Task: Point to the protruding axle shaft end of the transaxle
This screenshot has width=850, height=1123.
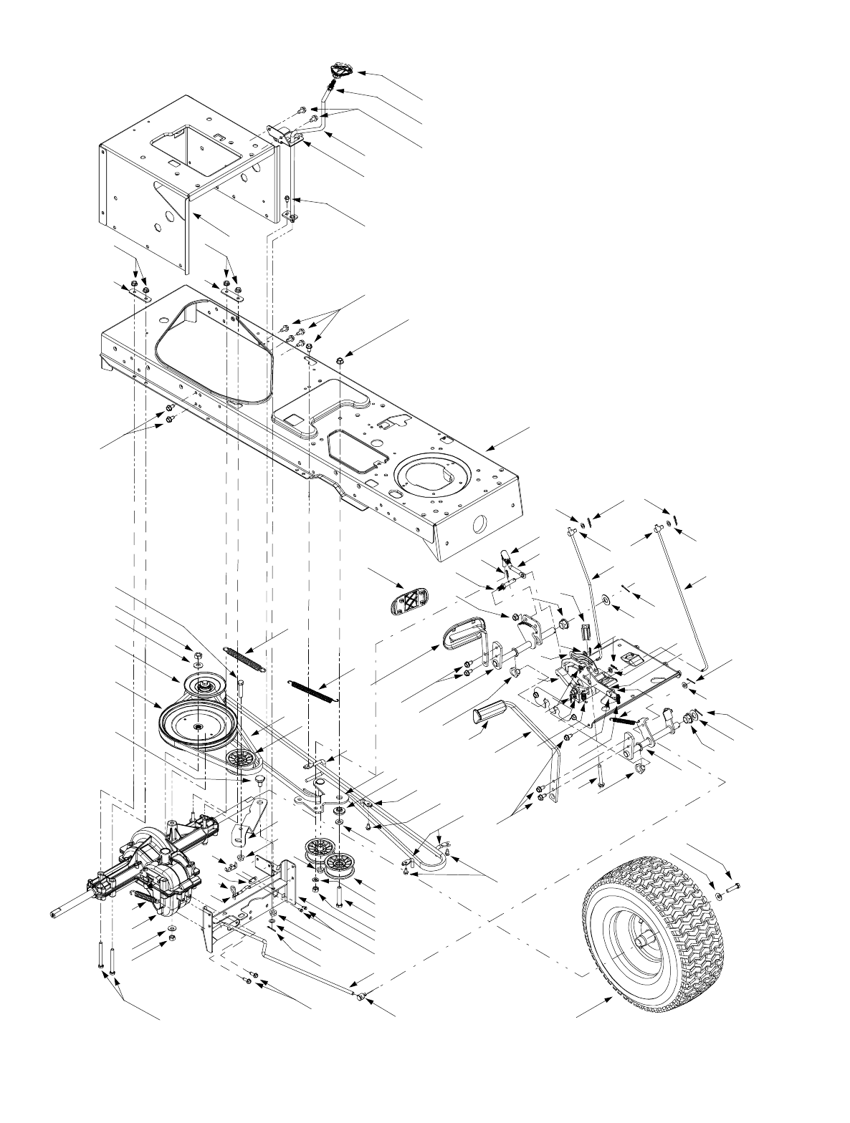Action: [56, 914]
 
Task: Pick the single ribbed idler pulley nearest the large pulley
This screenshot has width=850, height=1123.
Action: [239, 758]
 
